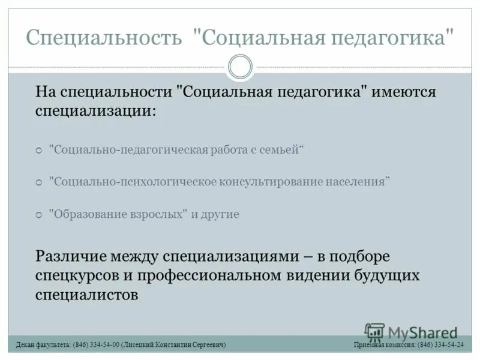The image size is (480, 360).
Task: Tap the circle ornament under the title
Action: click(240, 67)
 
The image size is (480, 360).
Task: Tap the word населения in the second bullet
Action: click(358, 181)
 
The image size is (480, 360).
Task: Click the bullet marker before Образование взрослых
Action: click(39, 215)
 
